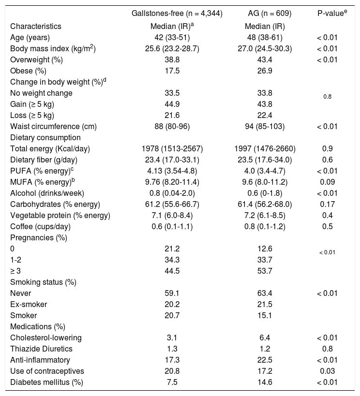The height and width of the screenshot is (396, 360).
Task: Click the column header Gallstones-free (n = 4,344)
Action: [x=177, y=14]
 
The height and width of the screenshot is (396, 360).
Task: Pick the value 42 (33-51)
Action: [x=177, y=37]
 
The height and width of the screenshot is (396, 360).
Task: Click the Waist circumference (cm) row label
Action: [x=53, y=127]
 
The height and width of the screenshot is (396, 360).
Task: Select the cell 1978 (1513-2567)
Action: [x=177, y=149]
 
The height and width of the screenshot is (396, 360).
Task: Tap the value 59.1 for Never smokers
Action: [x=177, y=293]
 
